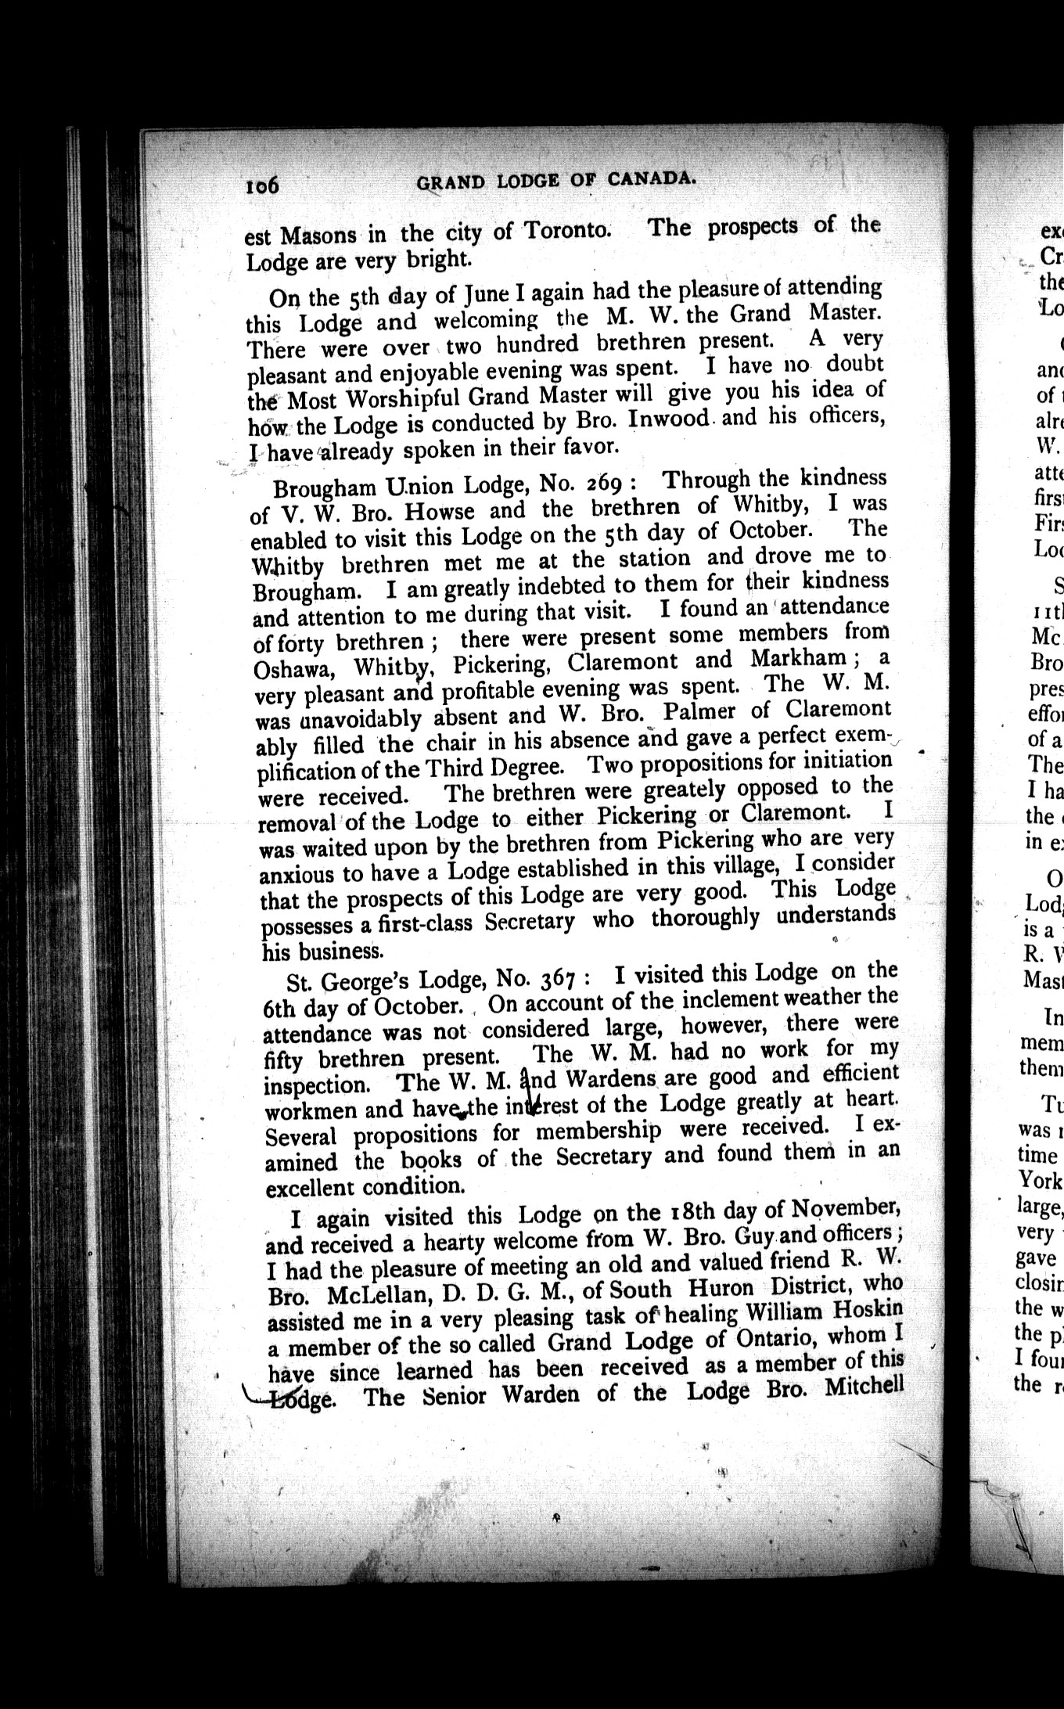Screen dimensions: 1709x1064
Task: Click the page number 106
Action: [262, 186]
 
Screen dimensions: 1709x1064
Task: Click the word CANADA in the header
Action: [651, 179]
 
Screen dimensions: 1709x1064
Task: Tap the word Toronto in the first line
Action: [565, 232]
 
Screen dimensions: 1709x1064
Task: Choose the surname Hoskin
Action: [864, 1312]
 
